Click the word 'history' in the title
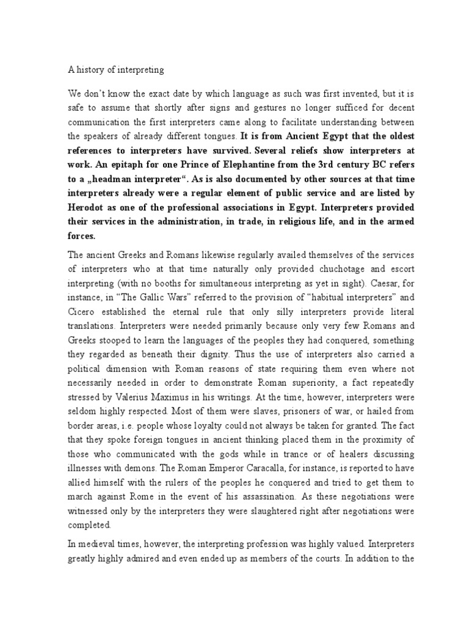click(90, 70)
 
